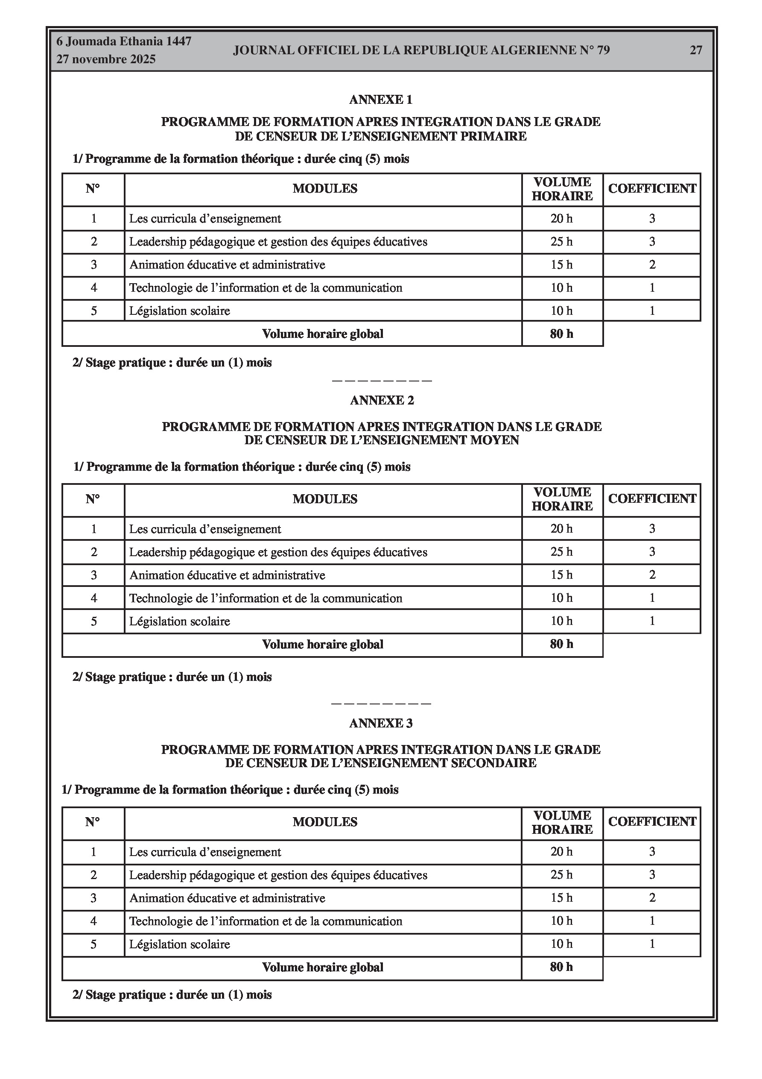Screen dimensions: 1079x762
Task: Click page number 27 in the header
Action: [x=696, y=50]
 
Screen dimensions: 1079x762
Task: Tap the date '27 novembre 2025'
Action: [x=106, y=59]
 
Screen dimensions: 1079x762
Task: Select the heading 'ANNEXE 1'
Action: [x=380, y=100]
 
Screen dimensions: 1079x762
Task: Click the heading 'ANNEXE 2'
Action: [x=382, y=400]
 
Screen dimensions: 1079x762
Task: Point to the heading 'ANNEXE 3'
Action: [x=380, y=723]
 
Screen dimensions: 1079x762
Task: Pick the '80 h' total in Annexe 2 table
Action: [x=561, y=644]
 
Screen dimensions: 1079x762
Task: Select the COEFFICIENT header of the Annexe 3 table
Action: [x=652, y=821]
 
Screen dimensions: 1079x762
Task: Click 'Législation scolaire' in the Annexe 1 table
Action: [x=179, y=311]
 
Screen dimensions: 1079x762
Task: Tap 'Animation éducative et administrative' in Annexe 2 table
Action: [x=227, y=575]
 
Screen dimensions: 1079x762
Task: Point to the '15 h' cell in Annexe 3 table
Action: [x=561, y=898]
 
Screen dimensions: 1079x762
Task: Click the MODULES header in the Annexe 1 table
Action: [x=324, y=189]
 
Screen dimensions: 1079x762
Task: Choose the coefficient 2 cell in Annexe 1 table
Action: [x=652, y=265]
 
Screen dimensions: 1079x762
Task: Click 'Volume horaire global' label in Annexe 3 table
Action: [x=322, y=968]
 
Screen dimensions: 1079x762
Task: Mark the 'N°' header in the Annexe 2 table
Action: [x=93, y=499]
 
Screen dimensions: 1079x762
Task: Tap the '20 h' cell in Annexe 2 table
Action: [x=561, y=529]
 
